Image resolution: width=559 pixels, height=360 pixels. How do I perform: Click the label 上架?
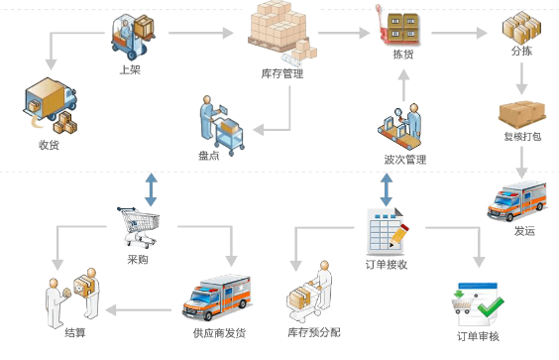pos(129,70)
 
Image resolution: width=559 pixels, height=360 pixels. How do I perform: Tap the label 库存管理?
pos(281,73)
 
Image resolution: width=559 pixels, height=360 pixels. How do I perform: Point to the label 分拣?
pos(522,51)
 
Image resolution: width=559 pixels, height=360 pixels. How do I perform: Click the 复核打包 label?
pos(522,137)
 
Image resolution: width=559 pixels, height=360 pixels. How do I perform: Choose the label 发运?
pos(524,231)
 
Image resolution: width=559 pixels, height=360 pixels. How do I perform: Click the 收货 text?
pos(49,146)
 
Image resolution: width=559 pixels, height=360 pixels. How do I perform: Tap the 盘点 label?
pos(208,156)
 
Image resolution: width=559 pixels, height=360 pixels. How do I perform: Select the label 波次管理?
pos(404,159)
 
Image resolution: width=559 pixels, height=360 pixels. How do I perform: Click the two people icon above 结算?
pos(74,295)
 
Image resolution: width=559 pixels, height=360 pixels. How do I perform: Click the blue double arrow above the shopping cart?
pos(151,188)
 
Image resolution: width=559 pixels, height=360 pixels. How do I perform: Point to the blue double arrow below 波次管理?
pos(386,188)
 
